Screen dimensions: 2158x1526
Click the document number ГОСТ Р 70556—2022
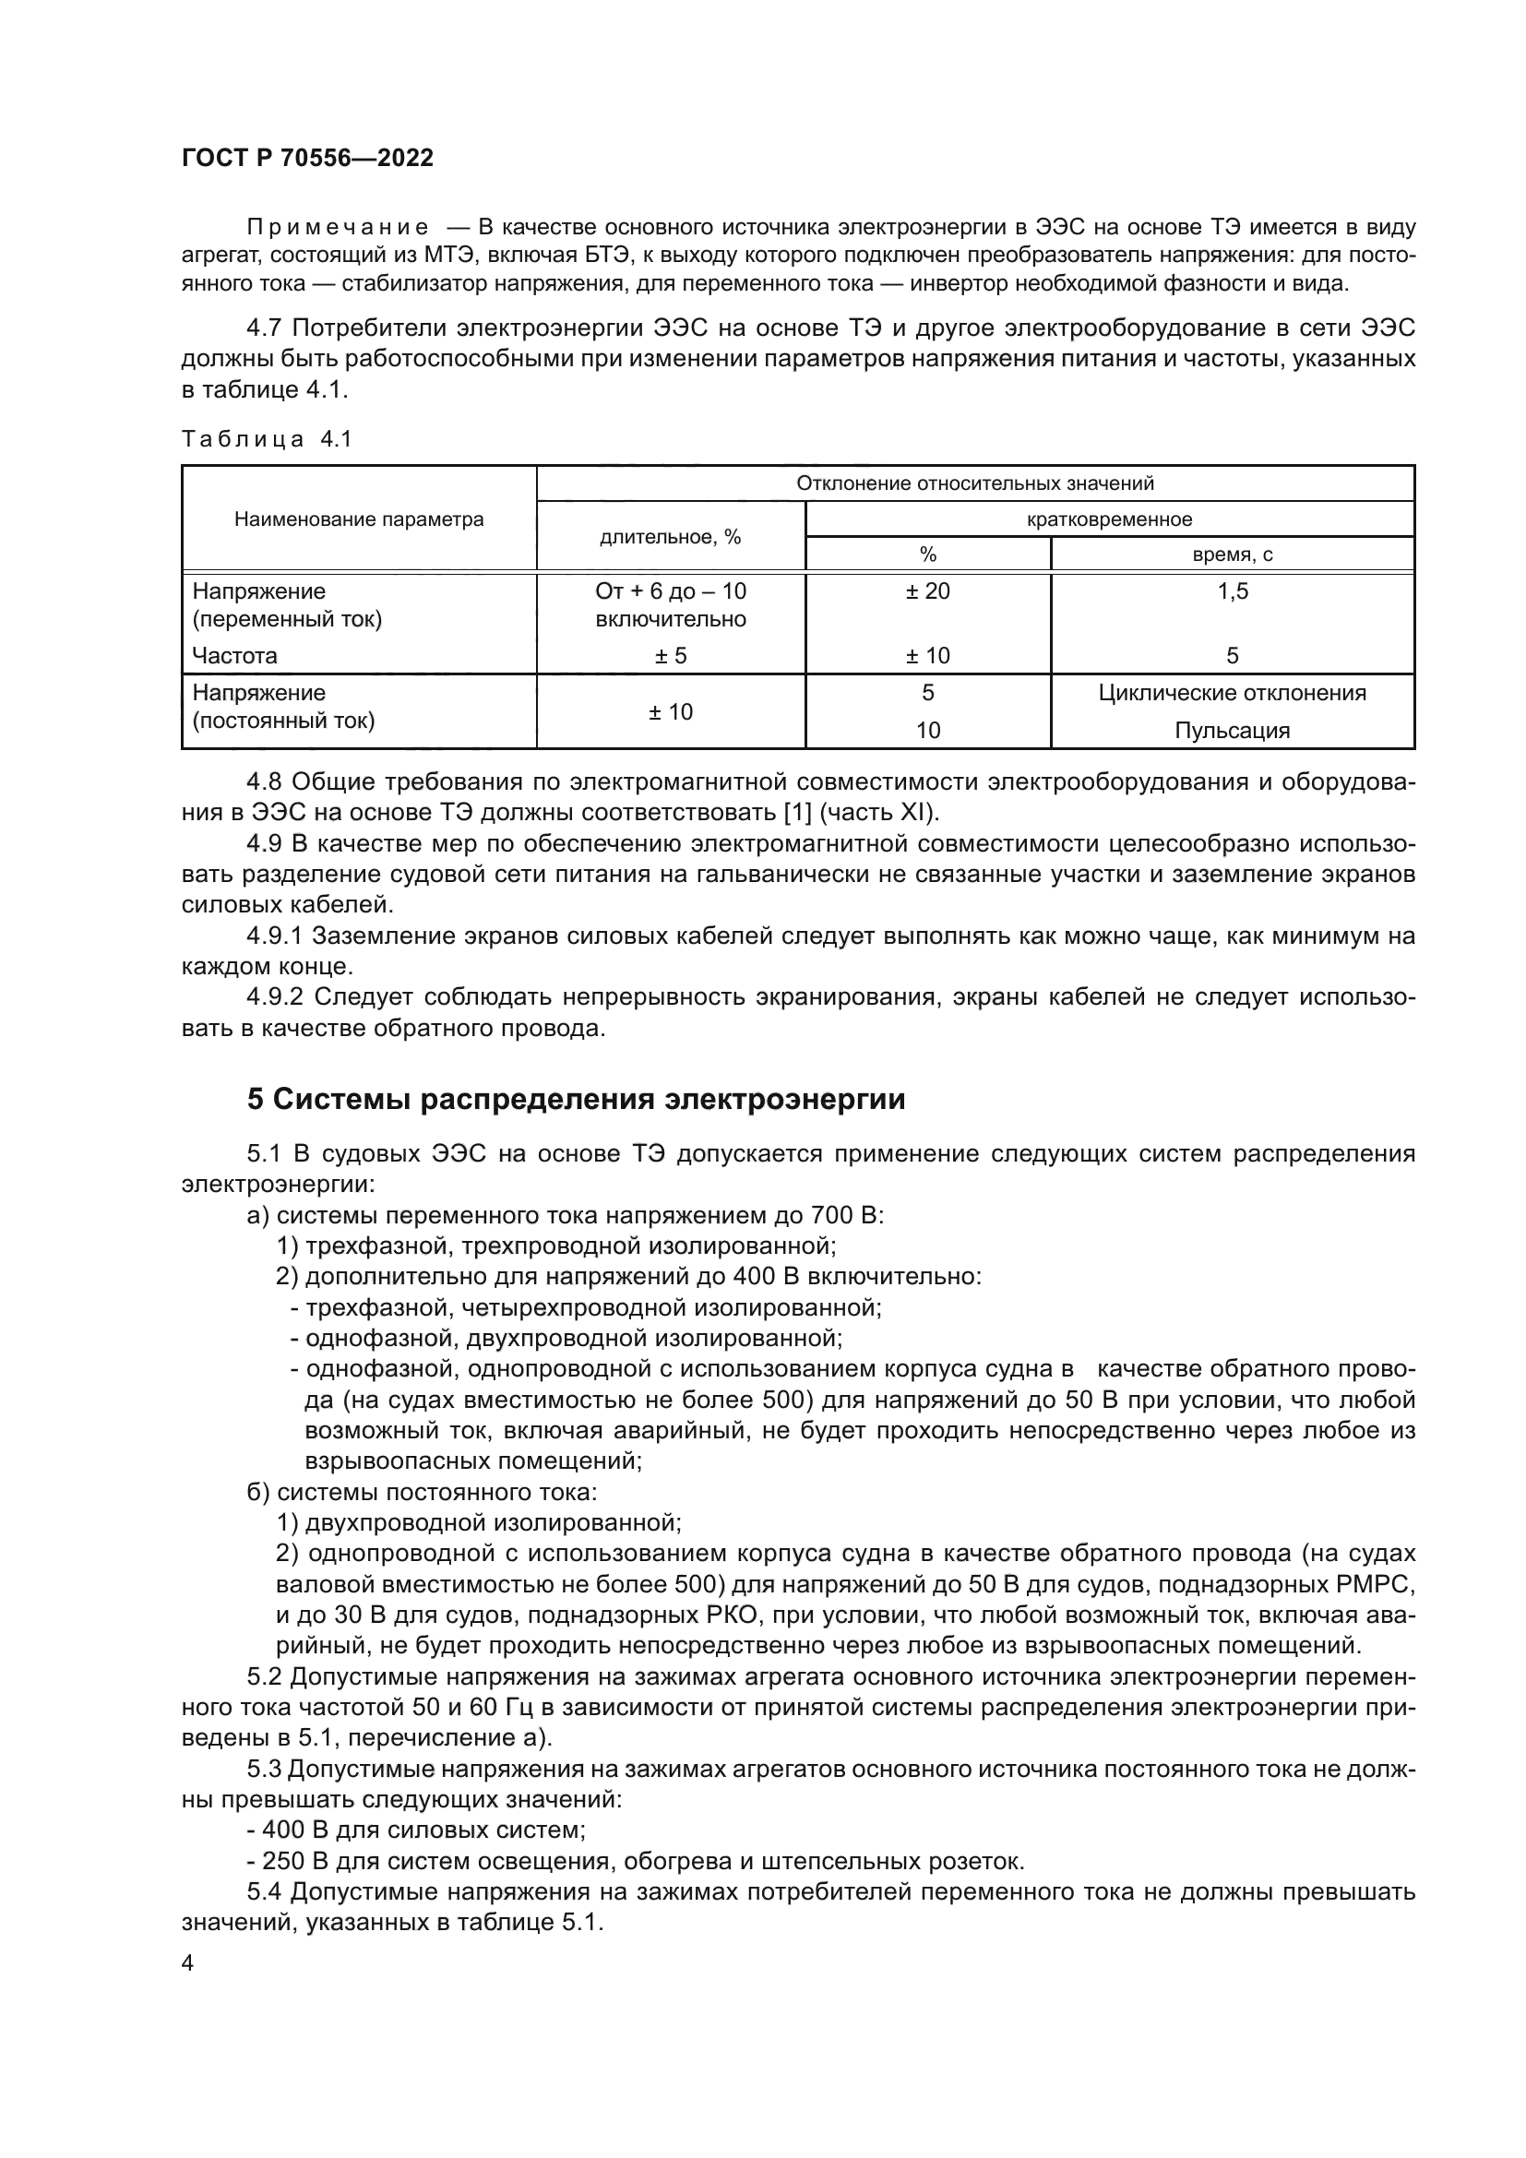tap(307, 158)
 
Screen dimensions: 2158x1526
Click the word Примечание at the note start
tap(338, 228)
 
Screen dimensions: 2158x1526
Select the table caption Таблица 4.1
tap(266, 439)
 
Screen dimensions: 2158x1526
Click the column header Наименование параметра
tap(359, 519)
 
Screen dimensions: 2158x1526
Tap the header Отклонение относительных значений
tap(974, 484)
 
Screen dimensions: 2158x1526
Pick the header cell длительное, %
tap(670, 538)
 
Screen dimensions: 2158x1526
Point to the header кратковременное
tap(1109, 519)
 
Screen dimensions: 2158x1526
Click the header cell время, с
tap(1232, 554)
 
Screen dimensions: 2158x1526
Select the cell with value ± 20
tap(927, 591)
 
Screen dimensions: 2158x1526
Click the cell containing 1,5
tap(1232, 591)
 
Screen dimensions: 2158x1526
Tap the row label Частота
tap(235, 656)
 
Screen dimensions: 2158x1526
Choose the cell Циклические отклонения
tap(1232, 694)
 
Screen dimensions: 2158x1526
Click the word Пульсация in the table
tap(1232, 732)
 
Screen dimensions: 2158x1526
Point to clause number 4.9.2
tap(277, 997)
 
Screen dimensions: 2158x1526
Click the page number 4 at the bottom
tap(188, 1962)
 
